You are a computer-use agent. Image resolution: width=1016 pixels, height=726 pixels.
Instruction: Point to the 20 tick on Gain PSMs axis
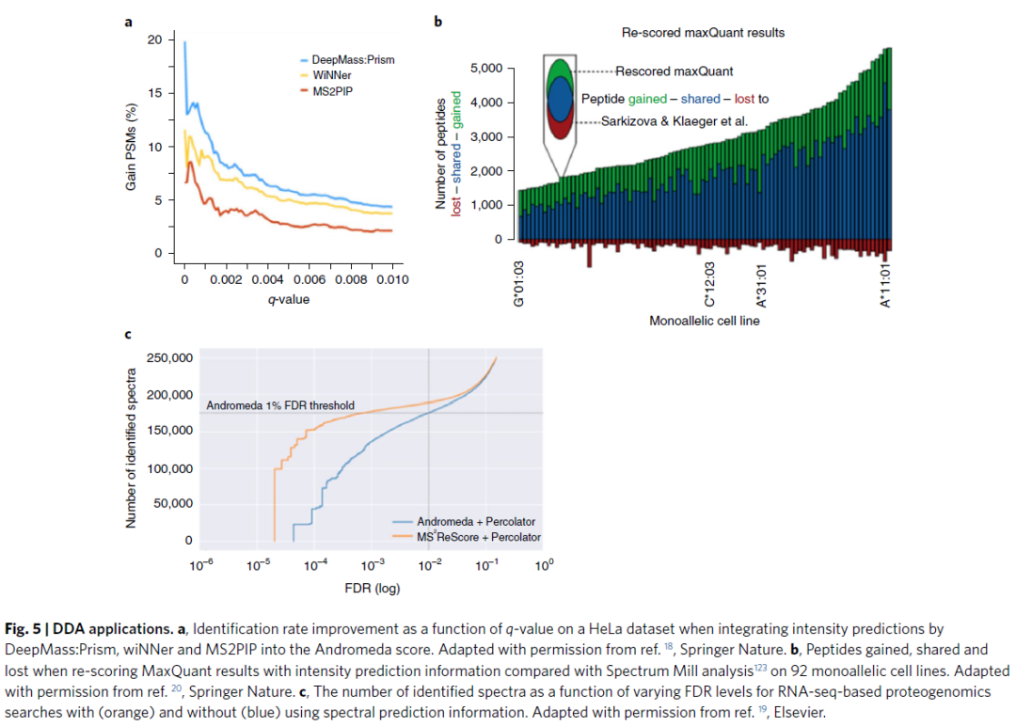(x=154, y=39)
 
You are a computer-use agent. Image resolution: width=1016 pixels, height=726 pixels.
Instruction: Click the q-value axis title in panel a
(x=286, y=300)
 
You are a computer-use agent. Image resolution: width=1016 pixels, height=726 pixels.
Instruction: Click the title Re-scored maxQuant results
(x=703, y=33)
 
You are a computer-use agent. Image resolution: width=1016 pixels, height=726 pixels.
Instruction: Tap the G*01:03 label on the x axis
(x=518, y=283)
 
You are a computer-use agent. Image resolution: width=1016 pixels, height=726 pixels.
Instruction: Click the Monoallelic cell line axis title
(x=704, y=321)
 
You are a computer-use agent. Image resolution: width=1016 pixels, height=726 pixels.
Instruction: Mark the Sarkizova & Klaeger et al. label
(x=674, y=121)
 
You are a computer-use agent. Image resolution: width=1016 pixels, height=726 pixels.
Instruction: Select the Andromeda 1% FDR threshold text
(x=280, y=405)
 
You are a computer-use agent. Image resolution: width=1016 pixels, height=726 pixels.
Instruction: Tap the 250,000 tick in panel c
(x=169, y=358)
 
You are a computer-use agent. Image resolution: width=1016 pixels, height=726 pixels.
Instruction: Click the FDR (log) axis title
(x=373, y=590)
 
